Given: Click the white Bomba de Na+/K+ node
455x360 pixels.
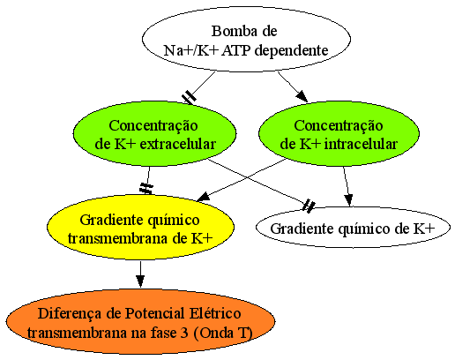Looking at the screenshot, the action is pos(246,39).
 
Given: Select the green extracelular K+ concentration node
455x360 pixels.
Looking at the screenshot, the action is pos(154,134).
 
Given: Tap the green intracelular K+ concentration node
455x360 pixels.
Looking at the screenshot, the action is pos(339,134).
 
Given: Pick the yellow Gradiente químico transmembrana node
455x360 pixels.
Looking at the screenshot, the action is pos(140,227).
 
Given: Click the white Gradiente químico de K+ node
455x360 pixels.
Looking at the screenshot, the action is pos(353,228).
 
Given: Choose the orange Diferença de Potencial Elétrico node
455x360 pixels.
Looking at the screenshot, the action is pos(140,321).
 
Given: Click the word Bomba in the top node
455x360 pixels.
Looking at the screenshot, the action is pos(229,31).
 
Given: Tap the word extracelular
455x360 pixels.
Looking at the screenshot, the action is pos(178,144).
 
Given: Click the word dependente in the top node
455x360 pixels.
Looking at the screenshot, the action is pos(291,50).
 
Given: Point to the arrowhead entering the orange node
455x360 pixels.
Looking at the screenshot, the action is pos(140,281).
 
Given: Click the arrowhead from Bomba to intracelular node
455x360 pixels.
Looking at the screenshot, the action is pos(302,96).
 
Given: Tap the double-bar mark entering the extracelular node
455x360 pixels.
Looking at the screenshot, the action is pos(189,97).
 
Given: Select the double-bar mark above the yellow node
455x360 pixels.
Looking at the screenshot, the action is pos(146,188).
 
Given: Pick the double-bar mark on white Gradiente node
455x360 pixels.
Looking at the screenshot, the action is pos(309,206).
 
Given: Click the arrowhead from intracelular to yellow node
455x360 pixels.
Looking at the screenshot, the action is pos(203,197).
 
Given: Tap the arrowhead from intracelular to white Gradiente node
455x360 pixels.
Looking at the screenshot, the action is pos(348,200).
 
